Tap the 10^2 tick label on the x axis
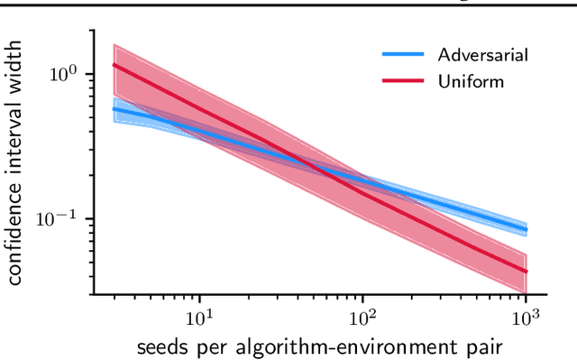[362, 316]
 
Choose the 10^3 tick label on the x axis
[526, 316]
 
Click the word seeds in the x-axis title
[163, 346]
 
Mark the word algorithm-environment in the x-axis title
[340, 346]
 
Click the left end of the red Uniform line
[113, 64]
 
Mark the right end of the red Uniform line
[527, 271]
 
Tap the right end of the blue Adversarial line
[527, 229]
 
